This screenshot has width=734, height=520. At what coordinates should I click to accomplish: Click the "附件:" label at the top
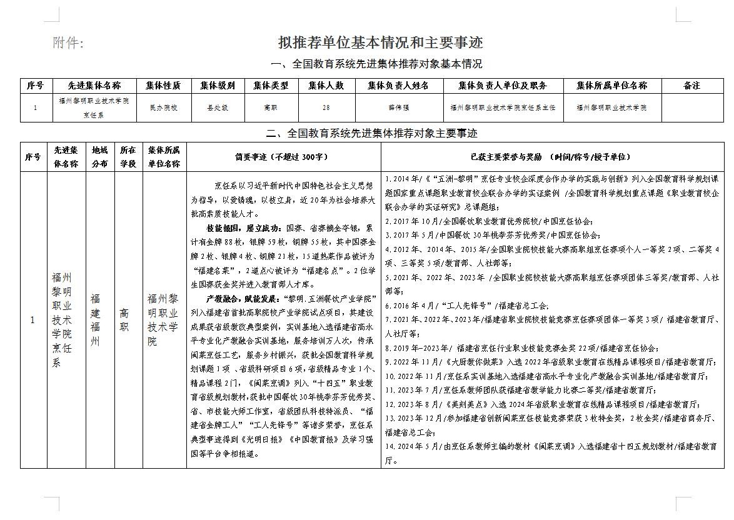[68, 42]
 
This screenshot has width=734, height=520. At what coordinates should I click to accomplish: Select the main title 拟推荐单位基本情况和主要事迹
[380, 42]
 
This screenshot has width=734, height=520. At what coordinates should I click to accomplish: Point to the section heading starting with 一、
[376, 64]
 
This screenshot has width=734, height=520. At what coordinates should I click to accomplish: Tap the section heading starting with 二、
[371, 133]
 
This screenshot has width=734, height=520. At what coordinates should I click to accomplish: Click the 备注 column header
[691, 86]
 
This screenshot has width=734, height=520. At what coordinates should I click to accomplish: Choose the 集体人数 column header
[326, 86]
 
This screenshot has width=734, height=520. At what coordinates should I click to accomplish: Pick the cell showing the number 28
[326, 107]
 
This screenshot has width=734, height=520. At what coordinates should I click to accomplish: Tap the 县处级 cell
[218, 107]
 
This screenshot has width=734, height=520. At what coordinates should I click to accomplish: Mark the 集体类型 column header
[271, 86]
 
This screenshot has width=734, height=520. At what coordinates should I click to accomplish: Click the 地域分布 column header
[99, 157]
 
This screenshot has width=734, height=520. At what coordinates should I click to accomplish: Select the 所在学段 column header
[128, 157]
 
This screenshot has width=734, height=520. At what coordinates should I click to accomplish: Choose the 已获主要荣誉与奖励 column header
[551, 157]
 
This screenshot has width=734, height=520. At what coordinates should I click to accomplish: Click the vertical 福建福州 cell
[95, 320]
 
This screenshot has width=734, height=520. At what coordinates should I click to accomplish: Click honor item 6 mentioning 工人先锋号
[466, 306]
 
